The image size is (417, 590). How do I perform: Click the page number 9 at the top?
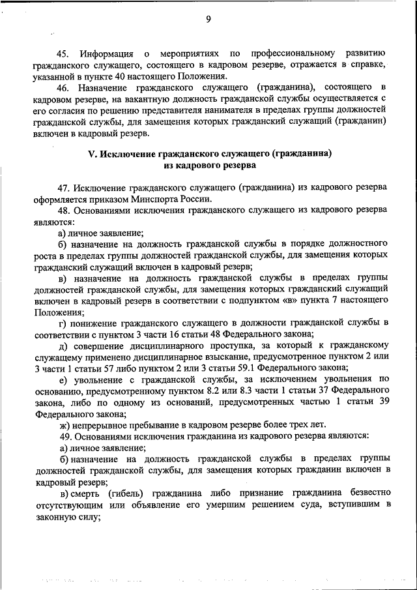click(x=208, y=19)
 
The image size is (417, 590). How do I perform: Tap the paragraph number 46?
click(x=63, y=87)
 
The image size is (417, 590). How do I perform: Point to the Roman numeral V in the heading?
click(x=92, y=155)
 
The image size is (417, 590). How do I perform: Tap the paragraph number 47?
click(x=63, y=188)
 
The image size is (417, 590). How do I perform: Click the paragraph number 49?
click(x=63, y=436)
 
